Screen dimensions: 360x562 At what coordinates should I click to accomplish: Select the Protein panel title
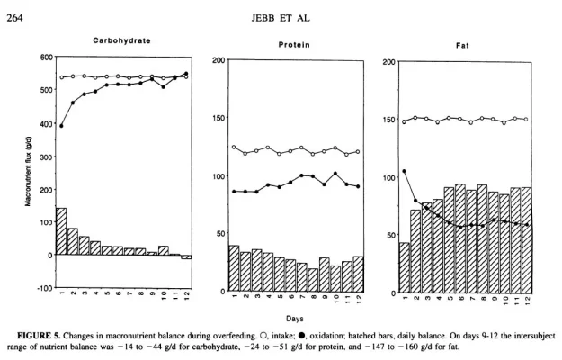coord(294,44)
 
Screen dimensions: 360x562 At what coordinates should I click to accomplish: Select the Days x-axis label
coord(295,318)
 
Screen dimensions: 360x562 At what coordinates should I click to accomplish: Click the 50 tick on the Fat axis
coord(387,235)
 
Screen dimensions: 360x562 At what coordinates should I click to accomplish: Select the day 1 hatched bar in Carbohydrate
coord(61,231)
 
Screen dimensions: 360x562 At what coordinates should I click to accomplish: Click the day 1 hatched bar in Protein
coord(234,268)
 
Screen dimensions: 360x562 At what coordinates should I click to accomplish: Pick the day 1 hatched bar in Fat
coord(405,267)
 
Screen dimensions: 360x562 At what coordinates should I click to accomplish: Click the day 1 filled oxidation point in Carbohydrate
coord(61,126)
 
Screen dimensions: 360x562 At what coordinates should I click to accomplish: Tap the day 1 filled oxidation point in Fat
coord(405,171)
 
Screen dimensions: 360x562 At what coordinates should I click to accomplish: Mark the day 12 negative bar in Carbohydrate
coord(186,256)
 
